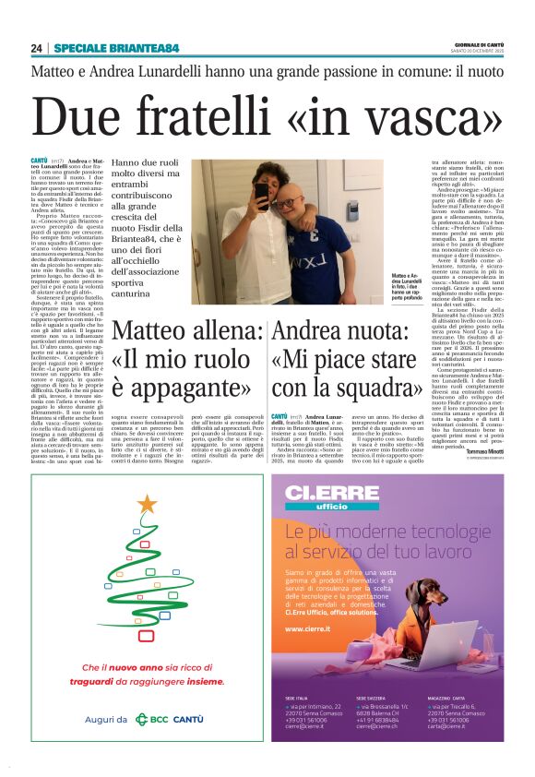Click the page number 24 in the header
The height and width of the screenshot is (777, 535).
(37, 49)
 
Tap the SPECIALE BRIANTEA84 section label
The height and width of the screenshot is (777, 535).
(116, 49)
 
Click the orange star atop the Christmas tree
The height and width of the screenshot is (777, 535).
(147, 503)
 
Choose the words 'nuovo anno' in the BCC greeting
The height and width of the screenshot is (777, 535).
(130, 667)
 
